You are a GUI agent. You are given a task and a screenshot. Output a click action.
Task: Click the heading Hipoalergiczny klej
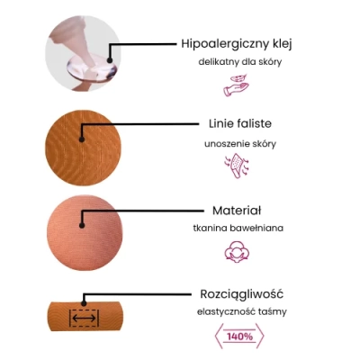(237, 44)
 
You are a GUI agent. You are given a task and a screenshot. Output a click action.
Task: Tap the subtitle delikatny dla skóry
(240, 62)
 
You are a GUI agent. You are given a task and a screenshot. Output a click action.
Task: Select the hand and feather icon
(237, 85)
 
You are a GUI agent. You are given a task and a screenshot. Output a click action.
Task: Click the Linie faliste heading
(240, 123)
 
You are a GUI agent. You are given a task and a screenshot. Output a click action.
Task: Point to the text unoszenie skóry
(240, 144)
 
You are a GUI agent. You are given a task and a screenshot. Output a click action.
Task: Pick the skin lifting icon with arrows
(237, 166)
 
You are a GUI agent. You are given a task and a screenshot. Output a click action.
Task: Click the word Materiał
(237, 211)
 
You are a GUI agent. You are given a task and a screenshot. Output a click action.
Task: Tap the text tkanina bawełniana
(238, 228)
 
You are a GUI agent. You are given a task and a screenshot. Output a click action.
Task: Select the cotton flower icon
(237, 252)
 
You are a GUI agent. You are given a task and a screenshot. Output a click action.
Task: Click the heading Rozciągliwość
(241, 294)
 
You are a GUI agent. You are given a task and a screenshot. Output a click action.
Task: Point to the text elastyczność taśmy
(242, 311)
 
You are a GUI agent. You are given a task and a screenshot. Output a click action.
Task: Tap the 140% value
(239, 337)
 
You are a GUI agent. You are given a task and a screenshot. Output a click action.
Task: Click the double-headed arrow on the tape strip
(84, 318)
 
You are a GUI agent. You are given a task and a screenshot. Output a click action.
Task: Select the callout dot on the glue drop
(110, 60)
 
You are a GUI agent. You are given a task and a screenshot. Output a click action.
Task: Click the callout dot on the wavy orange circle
(81, 139)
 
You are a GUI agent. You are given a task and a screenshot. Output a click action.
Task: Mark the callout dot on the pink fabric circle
(82, 225)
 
